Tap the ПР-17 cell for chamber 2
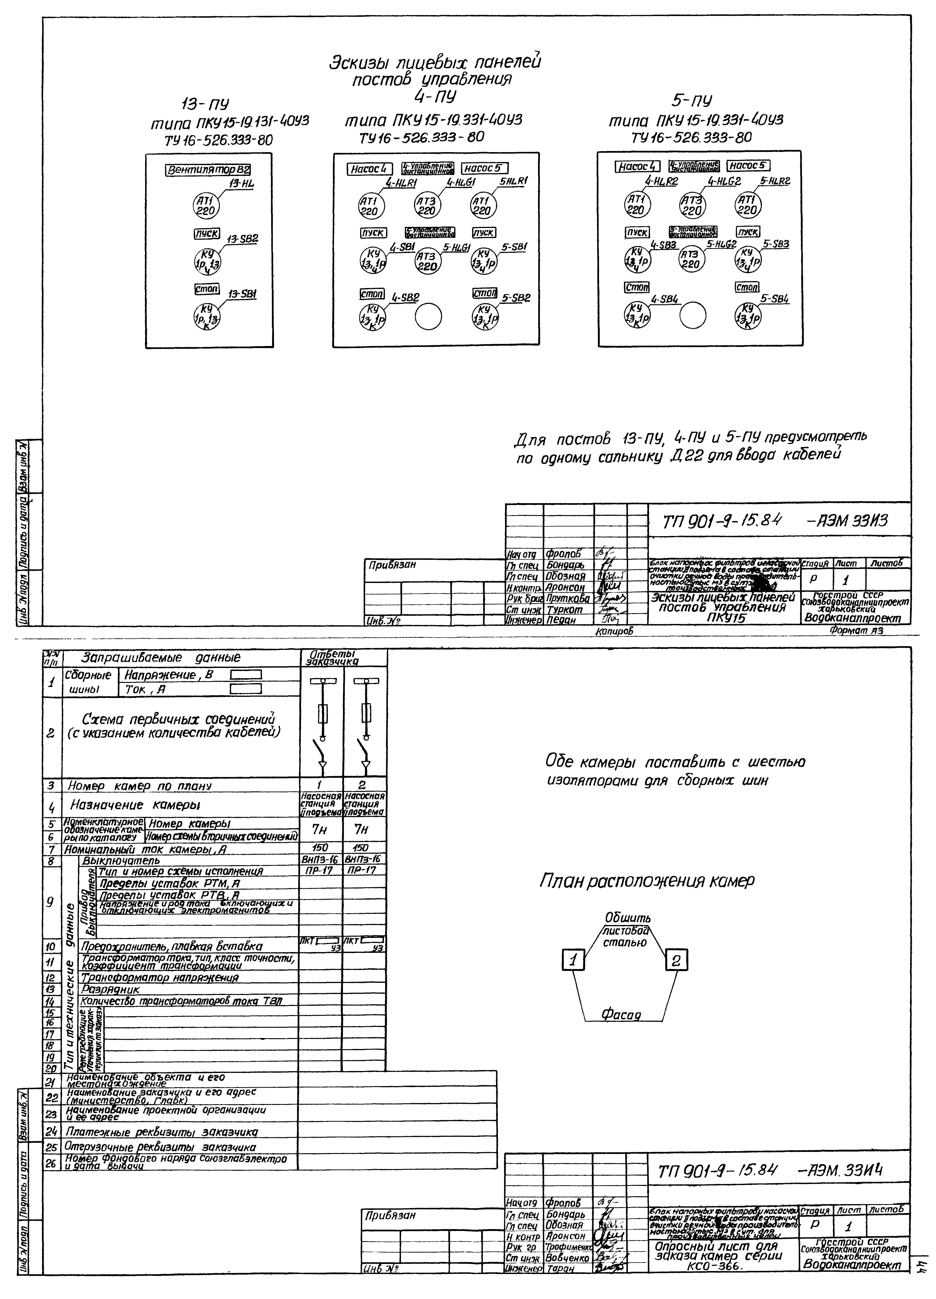(364, 871)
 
